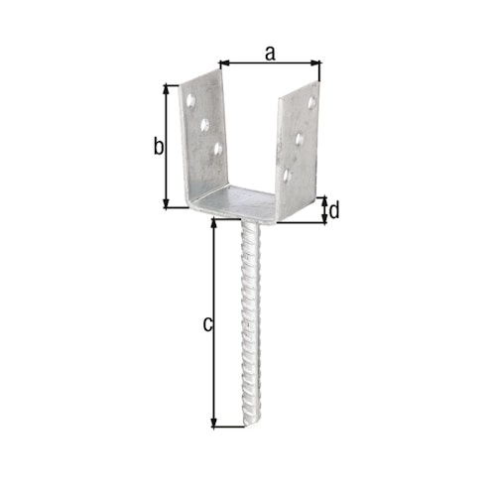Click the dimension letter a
coord(270,53)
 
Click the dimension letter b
coord(157,148)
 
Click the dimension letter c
coord(206,322)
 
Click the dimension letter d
coord(334,210)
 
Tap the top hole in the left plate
coord(189,99)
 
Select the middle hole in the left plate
coord(204,125)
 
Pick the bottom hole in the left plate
coord(217,150)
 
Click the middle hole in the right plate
coord(299,140)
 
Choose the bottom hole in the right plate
coord(287,176)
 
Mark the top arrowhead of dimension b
coord(166,88)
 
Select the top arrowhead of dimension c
coord(214,223)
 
